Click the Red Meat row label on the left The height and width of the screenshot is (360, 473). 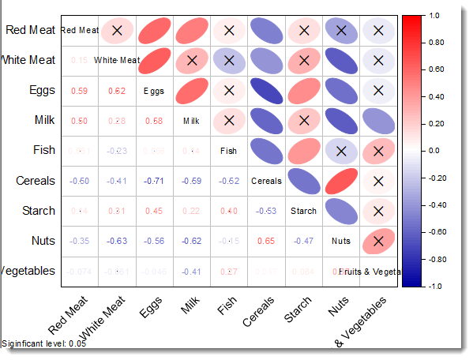point(30,30)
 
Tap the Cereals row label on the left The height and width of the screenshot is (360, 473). point(36,181)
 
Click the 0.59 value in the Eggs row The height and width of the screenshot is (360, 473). point(79,91)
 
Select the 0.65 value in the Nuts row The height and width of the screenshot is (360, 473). point(266,241)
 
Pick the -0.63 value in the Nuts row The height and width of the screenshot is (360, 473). point(117,241)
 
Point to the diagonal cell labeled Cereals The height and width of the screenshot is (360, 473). point(266,181)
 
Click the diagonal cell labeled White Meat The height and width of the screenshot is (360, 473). point(117,60)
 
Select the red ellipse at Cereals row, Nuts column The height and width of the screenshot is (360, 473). point(341,181)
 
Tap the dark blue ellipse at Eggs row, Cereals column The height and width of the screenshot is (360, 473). point(266,91)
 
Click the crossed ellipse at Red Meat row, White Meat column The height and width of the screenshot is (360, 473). point(117,30)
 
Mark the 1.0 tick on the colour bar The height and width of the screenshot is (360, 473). point(434,15)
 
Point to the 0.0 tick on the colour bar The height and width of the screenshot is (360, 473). point(434,150)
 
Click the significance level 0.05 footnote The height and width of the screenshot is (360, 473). point(44,343)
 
